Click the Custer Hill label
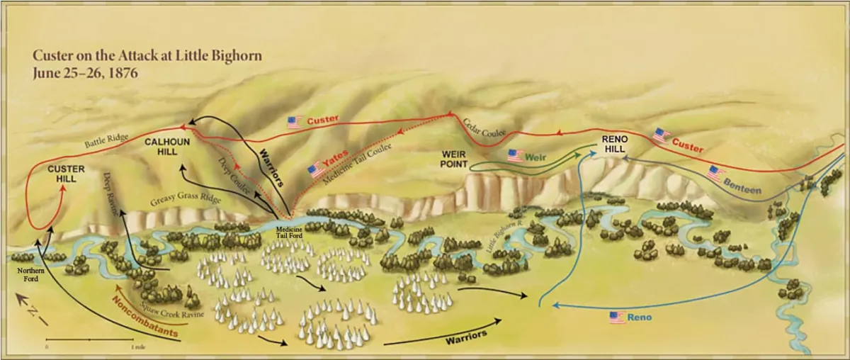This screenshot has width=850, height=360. click(66, 174)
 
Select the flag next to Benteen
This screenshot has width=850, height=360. click(717, 172)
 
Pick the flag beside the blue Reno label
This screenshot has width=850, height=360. click(618, 317)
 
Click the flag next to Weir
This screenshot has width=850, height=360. click(515, 155)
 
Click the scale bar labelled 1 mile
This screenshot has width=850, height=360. click(90, 341)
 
